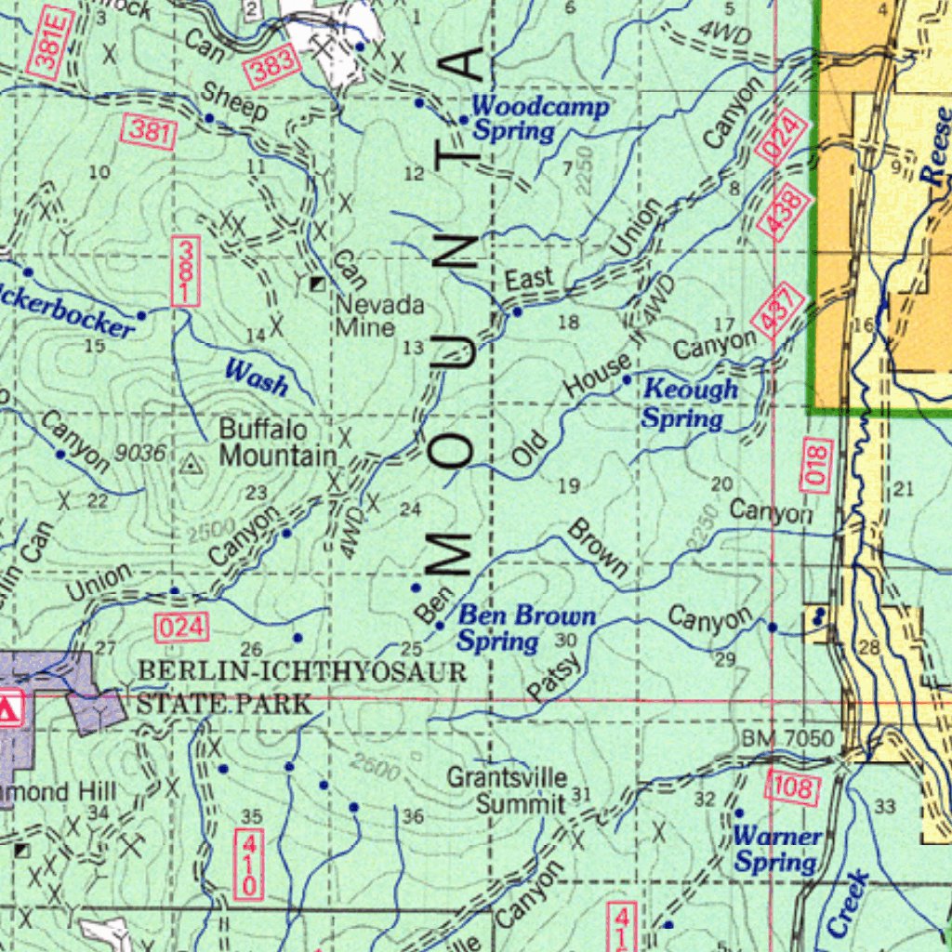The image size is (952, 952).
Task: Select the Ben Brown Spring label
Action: pos(525,628)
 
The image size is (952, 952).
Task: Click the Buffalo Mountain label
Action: pos(277,443)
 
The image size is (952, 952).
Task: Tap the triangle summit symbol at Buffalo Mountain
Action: pos(192,462)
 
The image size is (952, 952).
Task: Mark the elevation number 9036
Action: pos(141,453)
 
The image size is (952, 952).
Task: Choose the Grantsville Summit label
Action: pos(520,790)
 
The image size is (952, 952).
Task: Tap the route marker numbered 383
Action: pos(274,66)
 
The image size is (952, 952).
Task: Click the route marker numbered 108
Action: pos(792,788)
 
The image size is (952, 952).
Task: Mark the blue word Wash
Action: pos(257,377)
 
